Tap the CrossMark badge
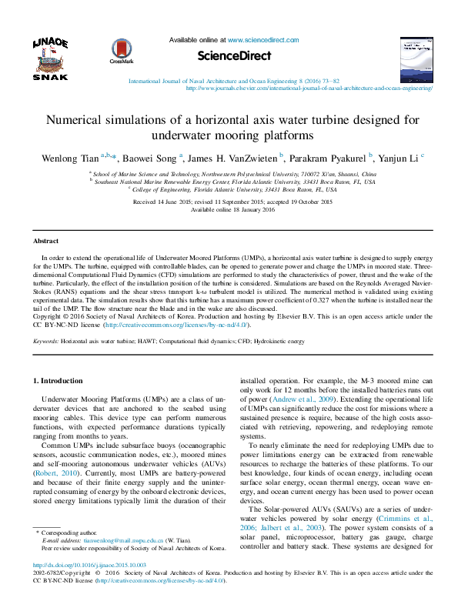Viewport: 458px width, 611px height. (122, 50)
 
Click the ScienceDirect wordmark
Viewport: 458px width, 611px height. (235, 55)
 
